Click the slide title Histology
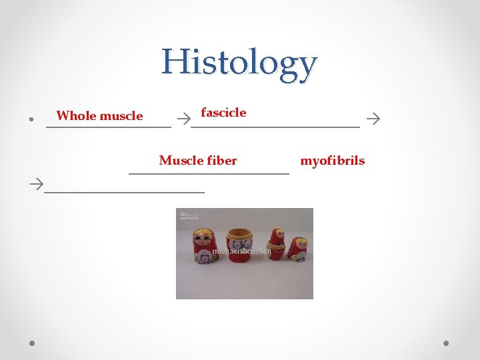239,63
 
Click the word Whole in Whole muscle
76,116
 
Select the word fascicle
223,113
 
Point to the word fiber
222,161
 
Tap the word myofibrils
332,161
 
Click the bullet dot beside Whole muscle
32,120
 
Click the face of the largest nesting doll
203,238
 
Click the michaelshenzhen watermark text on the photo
241,252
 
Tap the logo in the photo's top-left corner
188,215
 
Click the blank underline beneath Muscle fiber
209,173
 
